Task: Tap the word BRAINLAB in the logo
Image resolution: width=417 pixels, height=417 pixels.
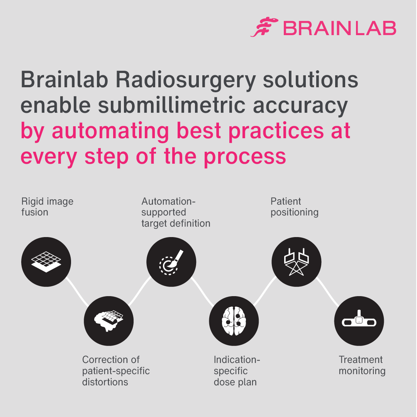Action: coord(339,28)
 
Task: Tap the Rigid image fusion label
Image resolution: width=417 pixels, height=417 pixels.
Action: coord(47,207)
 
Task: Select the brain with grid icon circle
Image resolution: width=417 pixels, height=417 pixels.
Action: coord(109,320)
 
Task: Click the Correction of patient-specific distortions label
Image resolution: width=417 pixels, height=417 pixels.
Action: coord(115,371)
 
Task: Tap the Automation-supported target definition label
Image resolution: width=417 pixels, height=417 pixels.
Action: coord(176,212)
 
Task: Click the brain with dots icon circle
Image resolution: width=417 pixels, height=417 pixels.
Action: coord(234,320)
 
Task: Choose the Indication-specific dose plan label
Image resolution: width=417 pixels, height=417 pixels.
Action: coord(237,371)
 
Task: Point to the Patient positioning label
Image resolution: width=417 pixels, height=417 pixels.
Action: coord(294,207)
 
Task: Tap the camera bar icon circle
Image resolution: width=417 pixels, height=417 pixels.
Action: coord(359,320)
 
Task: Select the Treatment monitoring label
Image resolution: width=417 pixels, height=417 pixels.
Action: coord(362,365)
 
